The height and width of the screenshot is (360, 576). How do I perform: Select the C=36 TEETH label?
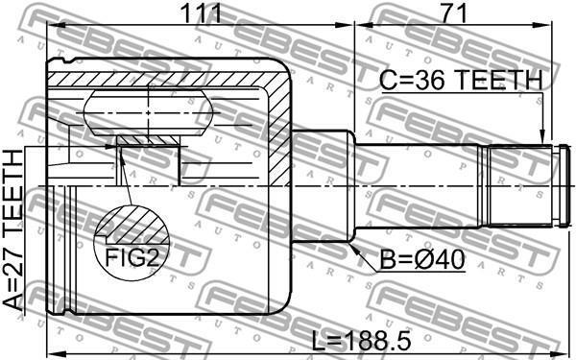click(461, 80)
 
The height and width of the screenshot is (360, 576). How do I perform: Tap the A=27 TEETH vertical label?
click(13, 229)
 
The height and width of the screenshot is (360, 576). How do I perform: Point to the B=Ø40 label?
click(422, 260)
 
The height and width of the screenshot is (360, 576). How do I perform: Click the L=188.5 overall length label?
click(361, 340)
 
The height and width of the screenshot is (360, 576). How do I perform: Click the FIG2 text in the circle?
click(132, 257)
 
